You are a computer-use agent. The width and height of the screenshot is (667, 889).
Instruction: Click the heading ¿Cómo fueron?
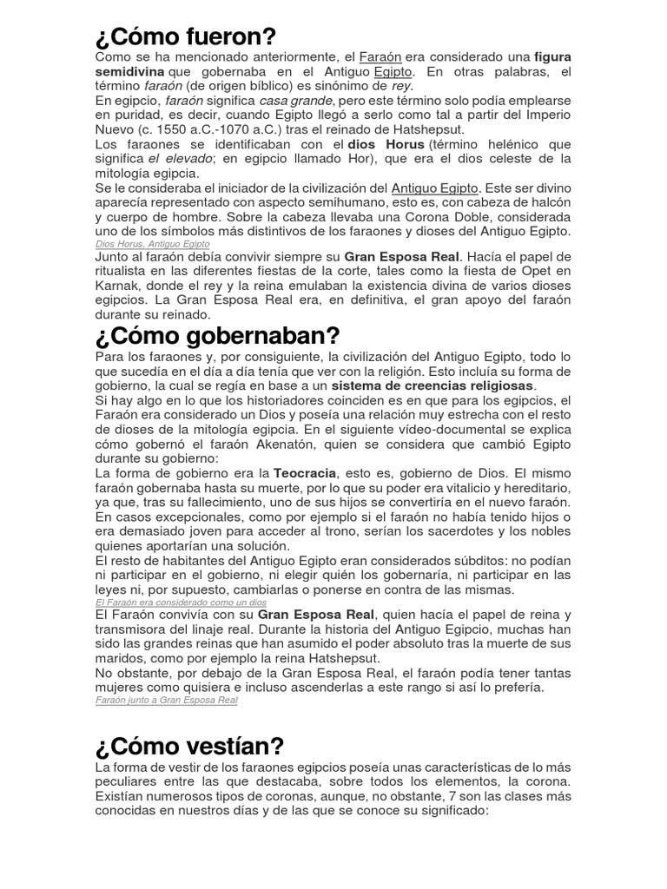(x=185, y=37)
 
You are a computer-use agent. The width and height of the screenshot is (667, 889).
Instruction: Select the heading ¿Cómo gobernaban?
(x=218, y=335)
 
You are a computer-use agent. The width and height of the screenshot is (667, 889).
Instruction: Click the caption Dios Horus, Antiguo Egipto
(x=152, y=244)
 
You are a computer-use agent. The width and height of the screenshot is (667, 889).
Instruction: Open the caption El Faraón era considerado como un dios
(x=182, y=602)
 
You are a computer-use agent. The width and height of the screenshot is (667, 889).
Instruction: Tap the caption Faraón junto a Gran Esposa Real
(x=167, y=699)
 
